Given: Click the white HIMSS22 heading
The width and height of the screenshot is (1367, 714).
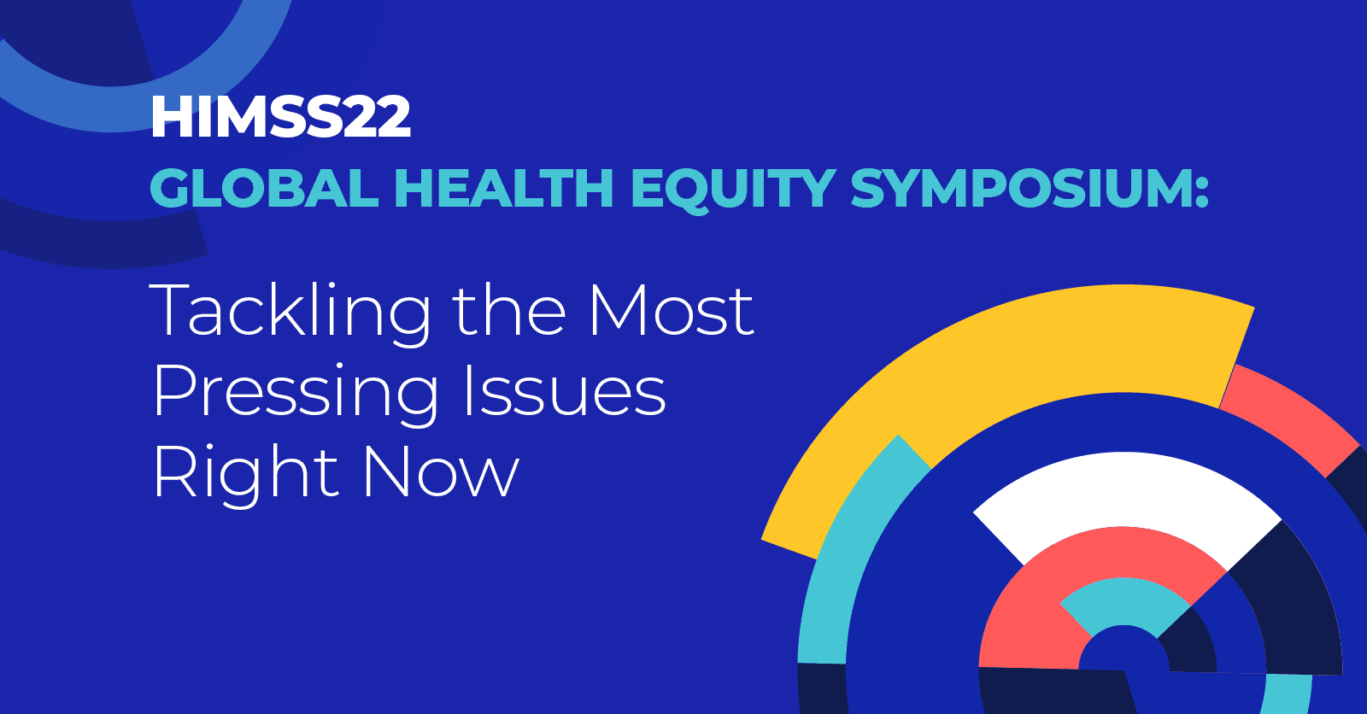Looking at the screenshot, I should coord(280,117).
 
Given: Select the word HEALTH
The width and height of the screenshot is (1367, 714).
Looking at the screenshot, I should coord(503,189).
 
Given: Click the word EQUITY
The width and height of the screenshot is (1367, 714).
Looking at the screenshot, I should coord(733,189).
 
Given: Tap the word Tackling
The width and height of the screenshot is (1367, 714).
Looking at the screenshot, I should coord(290,313).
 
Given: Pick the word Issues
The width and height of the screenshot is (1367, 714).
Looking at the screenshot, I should coord(564,391).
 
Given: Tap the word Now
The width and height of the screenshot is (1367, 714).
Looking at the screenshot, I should coord(441,473).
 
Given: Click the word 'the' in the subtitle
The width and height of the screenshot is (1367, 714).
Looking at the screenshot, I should coord(508,311).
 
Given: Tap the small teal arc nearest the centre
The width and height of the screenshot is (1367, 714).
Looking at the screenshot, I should coord(1124,598).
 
